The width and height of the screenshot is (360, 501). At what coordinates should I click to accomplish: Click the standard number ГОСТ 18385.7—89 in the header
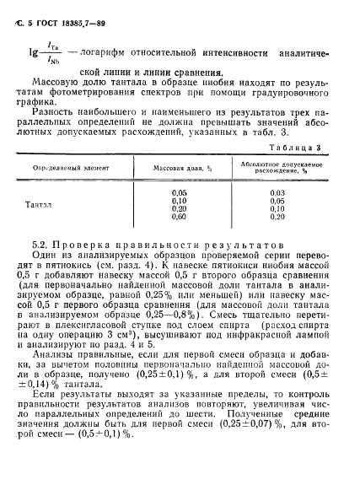pyautogui.click(x=75, y=12)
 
